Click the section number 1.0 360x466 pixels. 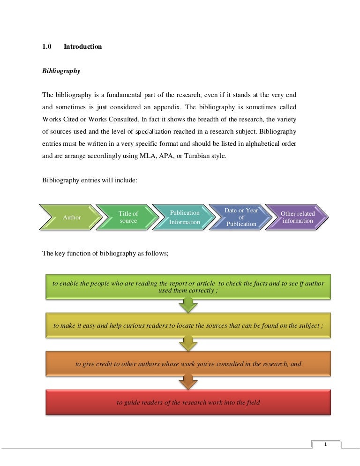47,47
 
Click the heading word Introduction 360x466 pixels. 82,47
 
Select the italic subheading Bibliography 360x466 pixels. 61,71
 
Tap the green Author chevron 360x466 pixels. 71,217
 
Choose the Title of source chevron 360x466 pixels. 128,217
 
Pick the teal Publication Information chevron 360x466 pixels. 185,217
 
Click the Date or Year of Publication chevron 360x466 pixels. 241,217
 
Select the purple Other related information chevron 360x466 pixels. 298,217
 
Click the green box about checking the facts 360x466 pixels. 188,287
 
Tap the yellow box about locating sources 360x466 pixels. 188,325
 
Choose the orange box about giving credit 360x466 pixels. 188,364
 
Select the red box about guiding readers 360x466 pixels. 188,402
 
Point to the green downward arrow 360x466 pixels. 188,306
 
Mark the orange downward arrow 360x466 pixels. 188,383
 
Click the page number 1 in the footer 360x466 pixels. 325,444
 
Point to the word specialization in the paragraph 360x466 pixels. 153,132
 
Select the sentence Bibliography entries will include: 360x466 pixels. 90,180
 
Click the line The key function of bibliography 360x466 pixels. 105,253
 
